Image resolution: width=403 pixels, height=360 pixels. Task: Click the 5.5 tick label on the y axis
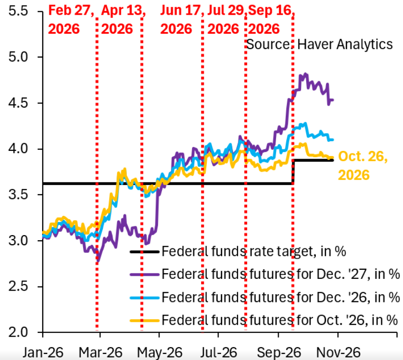coord(18,11)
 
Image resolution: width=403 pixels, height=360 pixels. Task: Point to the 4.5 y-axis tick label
coord(18,103)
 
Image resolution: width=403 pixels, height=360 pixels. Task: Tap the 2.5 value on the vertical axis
coord(18,287)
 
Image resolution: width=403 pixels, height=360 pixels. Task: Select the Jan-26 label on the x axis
coord(43,352)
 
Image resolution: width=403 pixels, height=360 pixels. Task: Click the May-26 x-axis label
coord(159,352)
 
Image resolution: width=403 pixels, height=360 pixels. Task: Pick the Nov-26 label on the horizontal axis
coord(338,352)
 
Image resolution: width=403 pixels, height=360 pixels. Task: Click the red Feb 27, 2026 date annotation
coord(71,20)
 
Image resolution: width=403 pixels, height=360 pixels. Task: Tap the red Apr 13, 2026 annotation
coord(123,20)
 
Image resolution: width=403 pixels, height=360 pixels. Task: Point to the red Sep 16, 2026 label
coord(272,20)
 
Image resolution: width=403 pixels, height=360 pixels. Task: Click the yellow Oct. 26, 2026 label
coord(363,166)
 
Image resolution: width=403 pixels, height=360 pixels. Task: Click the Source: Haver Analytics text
coord(319,44)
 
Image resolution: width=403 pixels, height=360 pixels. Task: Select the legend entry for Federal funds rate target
coord(238,251)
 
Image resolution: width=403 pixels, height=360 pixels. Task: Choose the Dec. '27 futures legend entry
coord(265,274)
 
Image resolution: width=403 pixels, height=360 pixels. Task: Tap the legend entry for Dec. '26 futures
coord(265,297)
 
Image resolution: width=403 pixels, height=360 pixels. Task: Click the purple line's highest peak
coord(305,74)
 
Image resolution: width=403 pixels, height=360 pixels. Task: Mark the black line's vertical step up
coord(293,172)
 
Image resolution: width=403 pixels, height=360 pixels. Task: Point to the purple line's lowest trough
coord(98,261)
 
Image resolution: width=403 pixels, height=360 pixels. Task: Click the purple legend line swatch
coord(145,274)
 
